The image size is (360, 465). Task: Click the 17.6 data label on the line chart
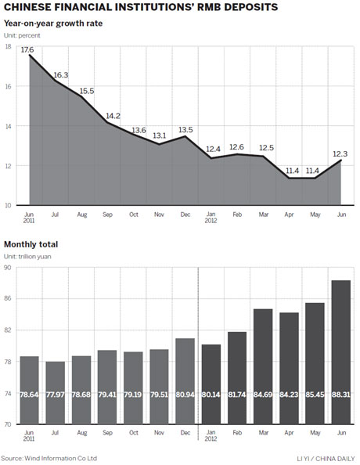tap(27, 49)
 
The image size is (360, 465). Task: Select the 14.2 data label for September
tap(111, 116)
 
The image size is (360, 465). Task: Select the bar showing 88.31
tap(341, 352)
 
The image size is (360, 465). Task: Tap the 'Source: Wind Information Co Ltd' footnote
tap(49, 458)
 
